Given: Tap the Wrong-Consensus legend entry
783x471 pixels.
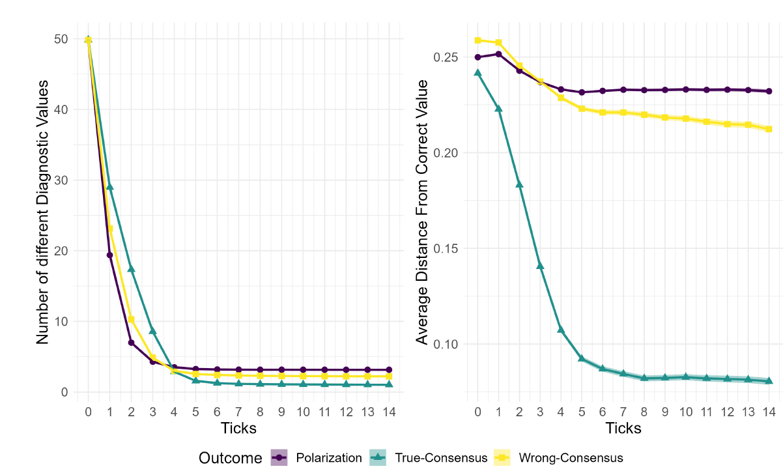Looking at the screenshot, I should tap(571, 458).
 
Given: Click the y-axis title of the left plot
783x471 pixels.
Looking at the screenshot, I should tap(43, 212).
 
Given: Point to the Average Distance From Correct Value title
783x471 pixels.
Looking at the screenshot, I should tap(422, 212).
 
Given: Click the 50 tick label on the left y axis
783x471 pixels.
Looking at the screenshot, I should tap(61, 39).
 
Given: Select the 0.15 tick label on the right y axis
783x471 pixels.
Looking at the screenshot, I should tap(446, 249).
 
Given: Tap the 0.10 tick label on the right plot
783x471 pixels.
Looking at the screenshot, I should tap(446, 345).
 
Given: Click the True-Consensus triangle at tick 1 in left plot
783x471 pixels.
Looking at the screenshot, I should tap(109, 187).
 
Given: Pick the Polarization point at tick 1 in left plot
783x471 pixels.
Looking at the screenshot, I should tap(109, 255).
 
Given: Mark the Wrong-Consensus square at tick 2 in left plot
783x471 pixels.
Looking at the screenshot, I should tap(131, 320).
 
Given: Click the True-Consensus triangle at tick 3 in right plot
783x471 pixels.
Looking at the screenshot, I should tap(540, 266).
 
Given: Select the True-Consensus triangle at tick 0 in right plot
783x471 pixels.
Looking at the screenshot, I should tap(477, 73).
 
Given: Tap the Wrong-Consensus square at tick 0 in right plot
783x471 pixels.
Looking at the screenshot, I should tap(477, 40).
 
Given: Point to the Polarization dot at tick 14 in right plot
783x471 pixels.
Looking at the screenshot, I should tap(769, 91).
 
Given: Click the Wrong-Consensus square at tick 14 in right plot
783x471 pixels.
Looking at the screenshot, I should tap(769, 129).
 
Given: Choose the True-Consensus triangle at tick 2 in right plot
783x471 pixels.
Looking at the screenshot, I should tap(519, 184).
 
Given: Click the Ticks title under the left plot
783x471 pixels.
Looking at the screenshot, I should tap(238, 428).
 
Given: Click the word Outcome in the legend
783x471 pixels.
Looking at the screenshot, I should tap(231, 458).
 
